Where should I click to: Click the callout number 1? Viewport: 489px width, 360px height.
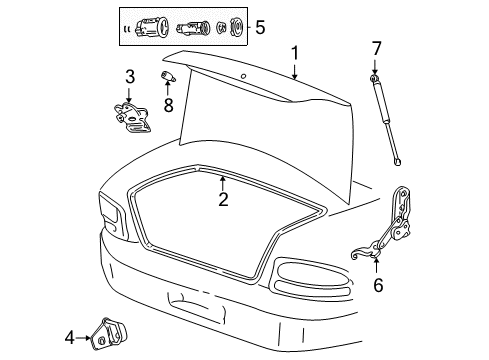click(295, 52)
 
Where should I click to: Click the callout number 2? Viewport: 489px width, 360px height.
click(223, 200)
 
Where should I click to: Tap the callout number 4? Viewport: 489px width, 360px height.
click(70, 339)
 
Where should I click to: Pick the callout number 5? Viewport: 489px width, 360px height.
click(259, 27)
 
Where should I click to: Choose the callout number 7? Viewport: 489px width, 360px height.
click(376, 48)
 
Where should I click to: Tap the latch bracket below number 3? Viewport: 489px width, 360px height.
click(131, 117)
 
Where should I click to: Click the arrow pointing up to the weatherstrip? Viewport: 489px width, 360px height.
click(222, 182)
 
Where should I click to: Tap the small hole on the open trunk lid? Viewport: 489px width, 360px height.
click(243, 78)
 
